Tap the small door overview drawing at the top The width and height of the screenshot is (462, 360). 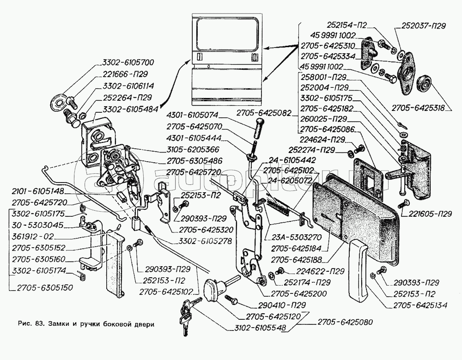pyautogui.click(x=226, y=56)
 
